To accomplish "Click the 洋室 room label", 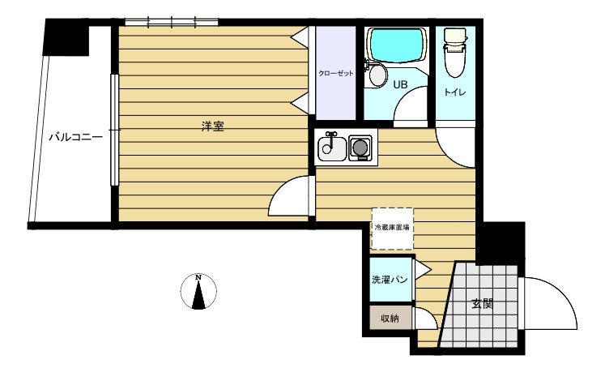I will point(212,126).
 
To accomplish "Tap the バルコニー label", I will point(75,137).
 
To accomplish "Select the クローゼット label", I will point(335,74).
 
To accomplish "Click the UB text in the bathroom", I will point(401,84).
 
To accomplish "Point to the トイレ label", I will point(454,92).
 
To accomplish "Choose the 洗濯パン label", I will point(390,280).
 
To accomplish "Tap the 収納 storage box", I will point(390,319).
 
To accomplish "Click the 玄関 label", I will point(483,305).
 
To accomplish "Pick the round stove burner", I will point(360,148).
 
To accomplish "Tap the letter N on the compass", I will point(198,278).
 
